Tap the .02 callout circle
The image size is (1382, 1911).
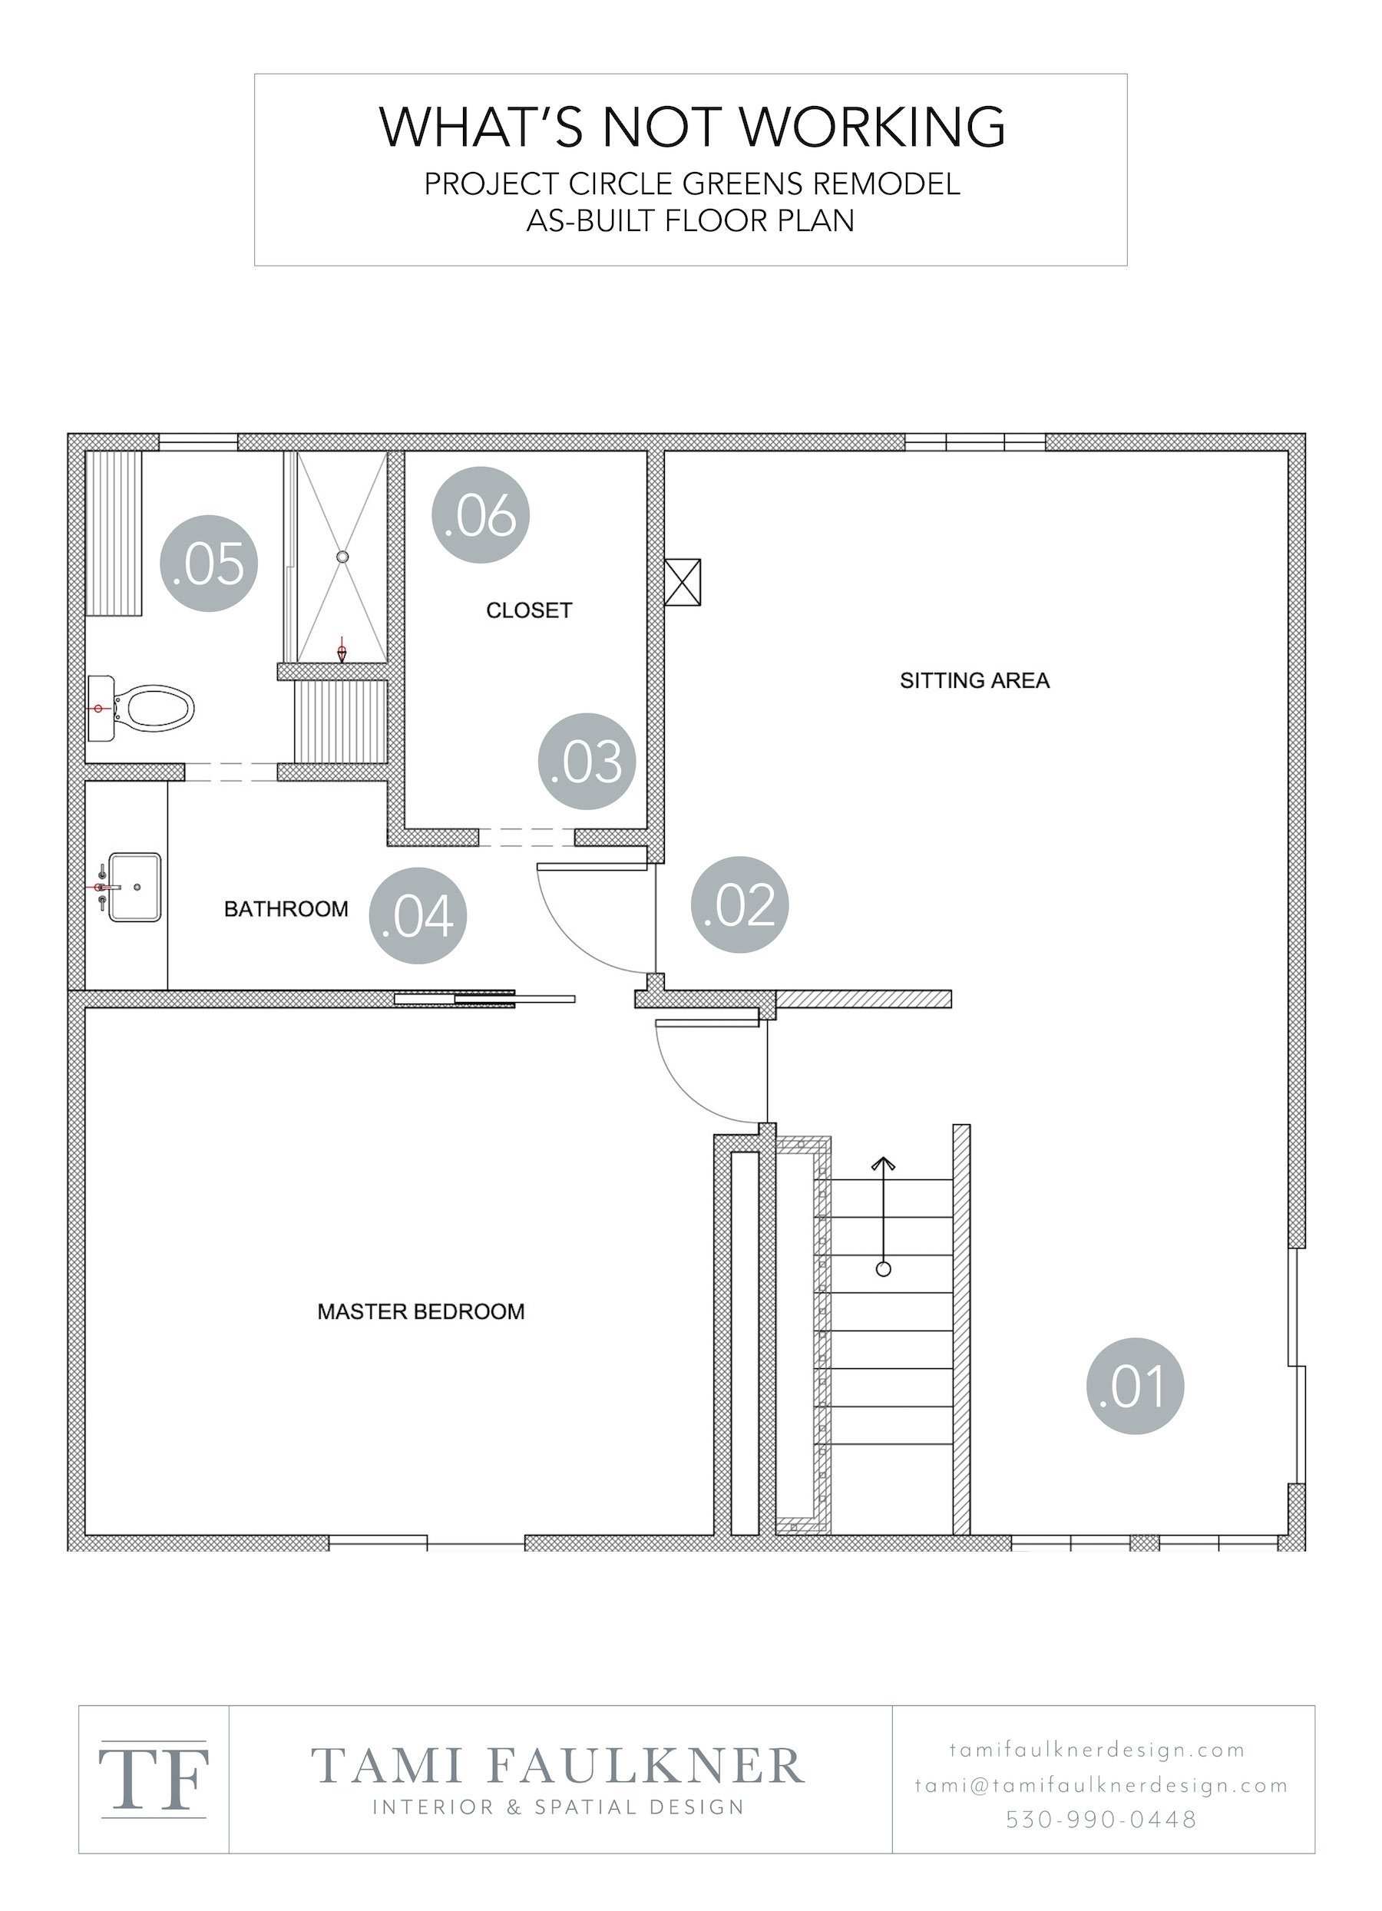pos(740,904)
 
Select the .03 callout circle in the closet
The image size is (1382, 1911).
pos(587,761)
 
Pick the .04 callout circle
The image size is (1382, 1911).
pos(418,915)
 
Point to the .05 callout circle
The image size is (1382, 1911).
pos(208,563)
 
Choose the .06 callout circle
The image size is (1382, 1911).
pos(481,515)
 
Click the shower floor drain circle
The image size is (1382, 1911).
pos(342,557)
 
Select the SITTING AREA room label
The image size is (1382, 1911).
pos(974,681)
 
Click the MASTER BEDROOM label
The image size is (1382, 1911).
pos(421,1311)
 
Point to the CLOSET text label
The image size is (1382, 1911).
pos(528,610)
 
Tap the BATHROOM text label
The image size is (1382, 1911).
pos(286,909)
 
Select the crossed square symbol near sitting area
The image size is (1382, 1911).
pos(683,581)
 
